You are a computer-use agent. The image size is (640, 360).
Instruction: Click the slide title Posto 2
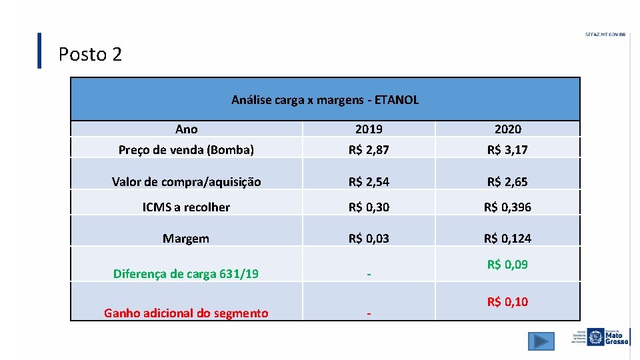click(x=90, y=54)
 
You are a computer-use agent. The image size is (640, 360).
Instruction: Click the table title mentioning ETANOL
click(x=325, y=100)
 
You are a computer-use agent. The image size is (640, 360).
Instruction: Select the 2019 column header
click(x=369, y=129)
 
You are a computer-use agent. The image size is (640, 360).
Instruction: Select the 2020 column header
click(x=507, y=129)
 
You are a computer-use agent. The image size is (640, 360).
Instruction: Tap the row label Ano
click(x=186, y=129)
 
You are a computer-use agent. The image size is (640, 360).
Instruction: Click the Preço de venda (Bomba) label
click(x=186, y=149)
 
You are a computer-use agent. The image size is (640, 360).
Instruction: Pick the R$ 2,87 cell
click(x=369, y=149)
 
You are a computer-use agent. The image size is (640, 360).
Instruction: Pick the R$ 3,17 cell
click(x=507, y=149)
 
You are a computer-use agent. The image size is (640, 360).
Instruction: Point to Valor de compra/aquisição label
click(x=186, y=181)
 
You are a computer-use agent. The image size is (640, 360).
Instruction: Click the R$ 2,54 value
click(x=369, y=181)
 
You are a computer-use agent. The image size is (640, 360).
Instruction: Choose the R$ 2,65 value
click(x=507, y=181)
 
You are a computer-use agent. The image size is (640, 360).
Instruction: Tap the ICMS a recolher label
click(x=186, y=207)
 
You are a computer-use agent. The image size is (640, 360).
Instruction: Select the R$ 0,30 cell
click(x=369, y=207)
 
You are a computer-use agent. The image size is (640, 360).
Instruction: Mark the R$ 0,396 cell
click(x=507, y=207)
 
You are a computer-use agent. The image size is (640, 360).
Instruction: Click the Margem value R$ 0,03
click(x=369, y=238)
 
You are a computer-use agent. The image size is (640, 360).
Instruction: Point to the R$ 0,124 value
click(x=507, y=238)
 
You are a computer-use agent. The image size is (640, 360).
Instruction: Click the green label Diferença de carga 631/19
click(x=186, y=273)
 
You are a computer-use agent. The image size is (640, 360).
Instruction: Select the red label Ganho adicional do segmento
click(x=186, y=313)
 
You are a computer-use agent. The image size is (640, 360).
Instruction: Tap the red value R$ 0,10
click(x=507, y=302)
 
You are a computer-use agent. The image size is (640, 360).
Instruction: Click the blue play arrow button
click(x=541, y=341)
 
